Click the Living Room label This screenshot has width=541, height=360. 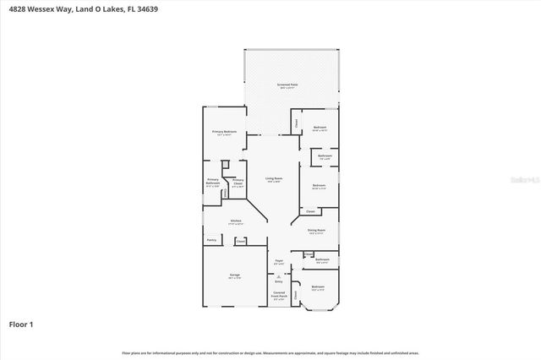tap(273, 178)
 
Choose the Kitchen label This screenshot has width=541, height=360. tap(236, 221)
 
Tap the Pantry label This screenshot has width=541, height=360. tap(211, 240)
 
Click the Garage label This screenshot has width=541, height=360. tap(234, 275)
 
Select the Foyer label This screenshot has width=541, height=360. tap(279, 261)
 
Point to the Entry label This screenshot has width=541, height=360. tap(279, 280)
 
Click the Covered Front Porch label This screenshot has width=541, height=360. tap(278, 294)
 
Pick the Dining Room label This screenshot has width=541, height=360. tap(317, 231)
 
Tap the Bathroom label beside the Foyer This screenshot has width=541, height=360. tap(322, 259)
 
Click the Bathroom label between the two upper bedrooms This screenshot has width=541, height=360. tap(325, 155)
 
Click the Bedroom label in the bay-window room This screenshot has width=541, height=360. tap(317, 287)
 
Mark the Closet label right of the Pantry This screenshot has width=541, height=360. tap(241, 241)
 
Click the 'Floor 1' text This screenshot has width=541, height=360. tap(20, 324)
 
